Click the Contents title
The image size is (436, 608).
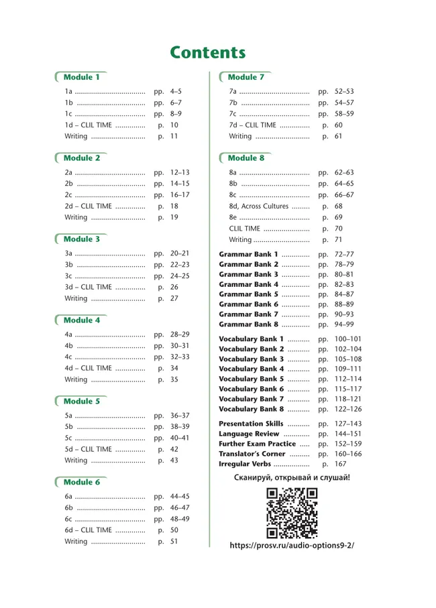pos(207,53)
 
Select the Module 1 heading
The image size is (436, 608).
pos(82,78)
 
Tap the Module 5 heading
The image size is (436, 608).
pos(82,402)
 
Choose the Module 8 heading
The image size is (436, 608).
pos(246,158)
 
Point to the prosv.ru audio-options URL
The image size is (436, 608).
pos(291,546)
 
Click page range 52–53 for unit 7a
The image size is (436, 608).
pos(344,92)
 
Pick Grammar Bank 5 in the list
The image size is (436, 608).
pos(248,294)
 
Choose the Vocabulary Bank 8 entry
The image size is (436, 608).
pos(252,409)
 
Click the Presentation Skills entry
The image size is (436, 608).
pos(251,424)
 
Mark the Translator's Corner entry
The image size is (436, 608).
pos(252,454)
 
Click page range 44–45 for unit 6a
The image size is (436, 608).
pos(180,497)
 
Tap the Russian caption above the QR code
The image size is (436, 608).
pos(292,479)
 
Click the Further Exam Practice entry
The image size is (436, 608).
pos(257,444)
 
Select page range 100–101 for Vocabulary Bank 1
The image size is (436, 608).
pos(348,339)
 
